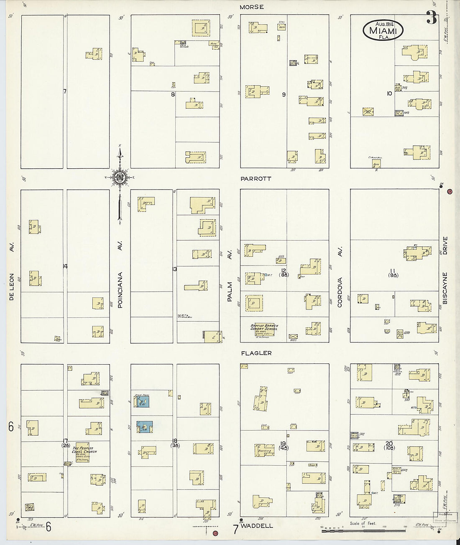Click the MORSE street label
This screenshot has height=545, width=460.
pyautogui.click(x=251, y=7)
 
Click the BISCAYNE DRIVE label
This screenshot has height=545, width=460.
pyautogui.click(x=445, y=270)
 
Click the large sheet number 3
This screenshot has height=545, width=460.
pyautogui.click(x=431, y=18)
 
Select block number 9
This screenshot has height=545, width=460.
pyautogui.click(x=284, y=94)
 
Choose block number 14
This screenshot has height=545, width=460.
pyautogui.click(x=65, y=266)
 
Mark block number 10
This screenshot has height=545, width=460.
pyautogui.click(x=389, y=93)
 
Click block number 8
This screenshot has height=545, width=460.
pyautogui.click(x=172, y=94)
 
